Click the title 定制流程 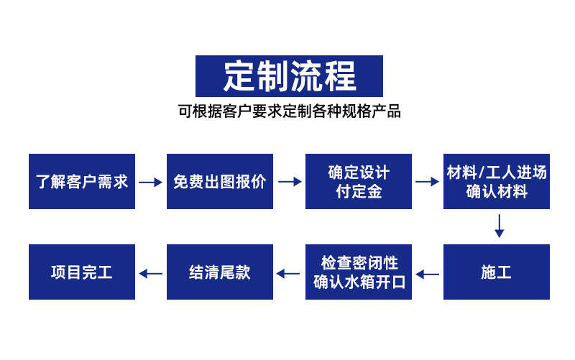pos(289,75)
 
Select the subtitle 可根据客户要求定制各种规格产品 pos(289,111)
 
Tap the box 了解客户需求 pos(82,182)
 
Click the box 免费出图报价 pos(220,182)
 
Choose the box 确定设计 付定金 pos(359,182)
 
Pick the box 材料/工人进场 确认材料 pos(497,182)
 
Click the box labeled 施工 pos(497,272)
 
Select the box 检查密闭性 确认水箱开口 pos(359,272)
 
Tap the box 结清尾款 pos(220,272)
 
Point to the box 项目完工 pos(82,272)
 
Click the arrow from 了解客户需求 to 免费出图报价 pos(151,183)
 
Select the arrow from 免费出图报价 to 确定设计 pos(290,183)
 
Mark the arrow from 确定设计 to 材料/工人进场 pos(428,183)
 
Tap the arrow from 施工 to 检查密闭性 pos(428,274)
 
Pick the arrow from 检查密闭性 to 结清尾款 pos(289,274)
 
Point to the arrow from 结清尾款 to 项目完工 pos(151,274)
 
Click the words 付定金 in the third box pos(359,192)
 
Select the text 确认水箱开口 pos(359,282)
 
